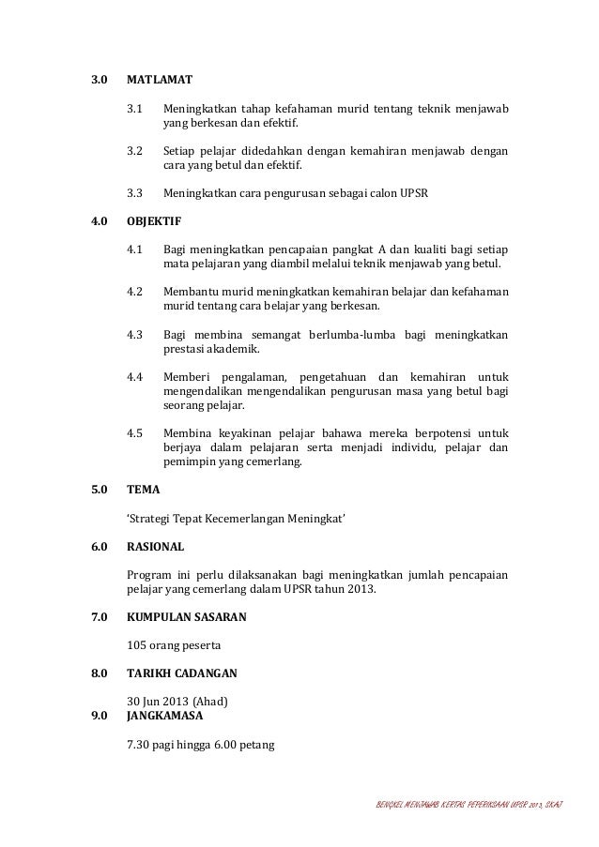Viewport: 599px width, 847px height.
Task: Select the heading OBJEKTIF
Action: click(x=154, y=223)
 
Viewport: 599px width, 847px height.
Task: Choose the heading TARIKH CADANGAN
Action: click(x=181, y=673)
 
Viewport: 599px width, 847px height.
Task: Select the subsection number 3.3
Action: click(x=134, y=194)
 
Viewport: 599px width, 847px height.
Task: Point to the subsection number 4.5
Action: click(x=134, y=434)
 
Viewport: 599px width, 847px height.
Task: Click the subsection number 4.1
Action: click(x=134, y=250)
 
